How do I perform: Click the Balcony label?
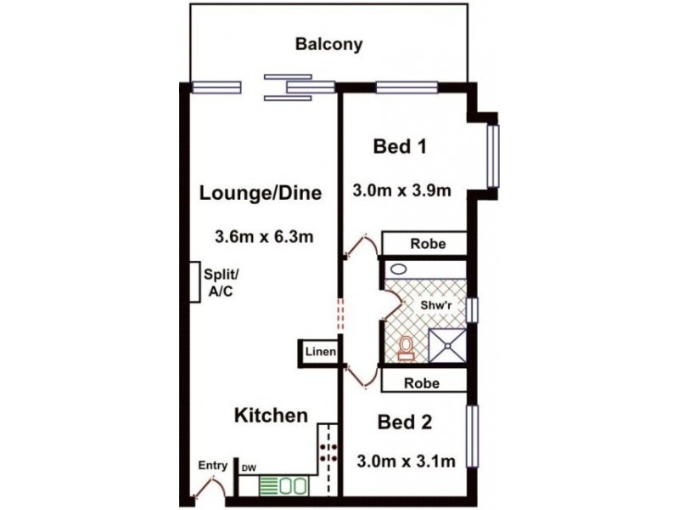point(328,44)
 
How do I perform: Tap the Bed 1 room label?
point(399,147)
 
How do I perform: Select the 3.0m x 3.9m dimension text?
point(401,190)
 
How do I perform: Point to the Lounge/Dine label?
point(260,193)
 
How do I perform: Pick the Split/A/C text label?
point(222,282)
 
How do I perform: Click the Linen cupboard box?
point(321,352)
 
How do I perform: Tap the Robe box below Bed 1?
point(424,242)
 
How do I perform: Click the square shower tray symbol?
point(447,344)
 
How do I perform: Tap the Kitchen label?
point(270,416)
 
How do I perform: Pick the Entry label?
point(212,465)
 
